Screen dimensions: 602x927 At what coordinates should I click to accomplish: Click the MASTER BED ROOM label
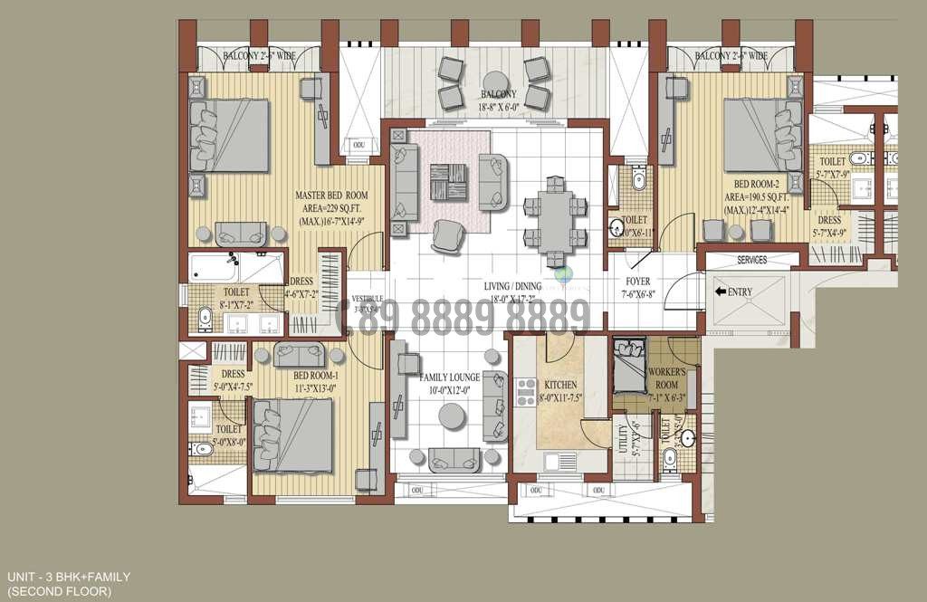coord(331,196)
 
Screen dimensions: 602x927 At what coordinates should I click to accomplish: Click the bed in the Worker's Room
coord(626,364)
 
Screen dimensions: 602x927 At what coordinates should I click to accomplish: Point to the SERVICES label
coord(751,261)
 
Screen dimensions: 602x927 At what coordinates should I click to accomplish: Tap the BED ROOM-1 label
coord(316,376)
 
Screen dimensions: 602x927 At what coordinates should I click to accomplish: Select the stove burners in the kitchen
coord(526,392)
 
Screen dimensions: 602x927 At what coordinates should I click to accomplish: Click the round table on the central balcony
coord(493,80)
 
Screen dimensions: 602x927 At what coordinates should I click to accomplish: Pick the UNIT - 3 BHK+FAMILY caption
coord(69,577)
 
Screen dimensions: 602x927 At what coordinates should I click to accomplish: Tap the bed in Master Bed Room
coord(229,135)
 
